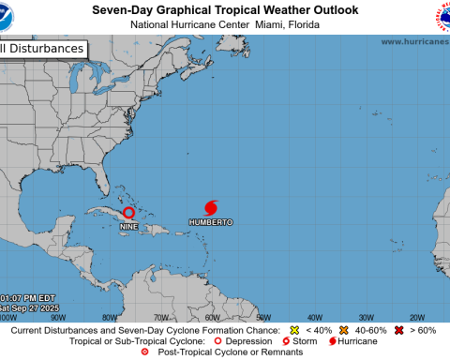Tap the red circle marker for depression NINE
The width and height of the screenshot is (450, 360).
[x=128, y=213]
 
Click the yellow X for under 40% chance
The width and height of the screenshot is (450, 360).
[x=294, y=331]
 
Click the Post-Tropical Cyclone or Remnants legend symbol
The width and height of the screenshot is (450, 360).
[x=143, y=352]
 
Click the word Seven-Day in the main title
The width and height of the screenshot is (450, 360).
[x=125, y=8]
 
